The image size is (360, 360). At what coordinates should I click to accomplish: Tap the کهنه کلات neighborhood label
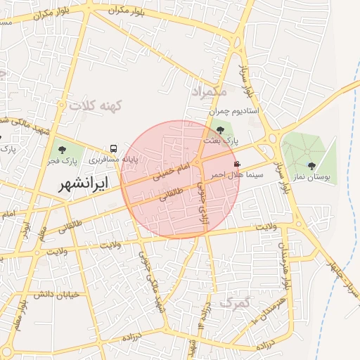pyautogui.click(x=96, y=105)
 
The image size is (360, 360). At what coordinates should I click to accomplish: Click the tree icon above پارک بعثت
pyautogui.click(x=221, y=130)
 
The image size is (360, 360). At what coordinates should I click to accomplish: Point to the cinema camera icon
pyautogui.click(x=236, y=164)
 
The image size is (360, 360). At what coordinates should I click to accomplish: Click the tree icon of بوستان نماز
pyautogui.click(x=311, y=166)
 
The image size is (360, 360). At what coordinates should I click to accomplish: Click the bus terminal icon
pyautogui.click(x=113, y=149)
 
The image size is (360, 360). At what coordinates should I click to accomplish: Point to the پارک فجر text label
pyautogui.click(x=62, y=161)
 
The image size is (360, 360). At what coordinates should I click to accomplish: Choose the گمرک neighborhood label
pyautogui.click(x=234, y=303)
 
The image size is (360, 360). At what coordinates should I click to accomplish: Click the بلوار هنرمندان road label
pyautogui.click(x=287, y=271)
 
